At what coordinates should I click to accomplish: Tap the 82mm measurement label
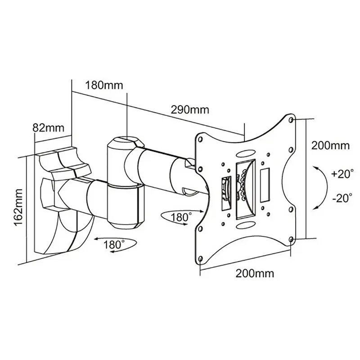(x=49, y=127)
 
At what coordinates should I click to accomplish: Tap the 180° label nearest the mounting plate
(x=179, y=217)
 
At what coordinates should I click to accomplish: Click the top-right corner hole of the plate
(x=290, y=120)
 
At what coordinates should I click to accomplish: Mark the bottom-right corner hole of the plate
(x=291, y=238)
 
